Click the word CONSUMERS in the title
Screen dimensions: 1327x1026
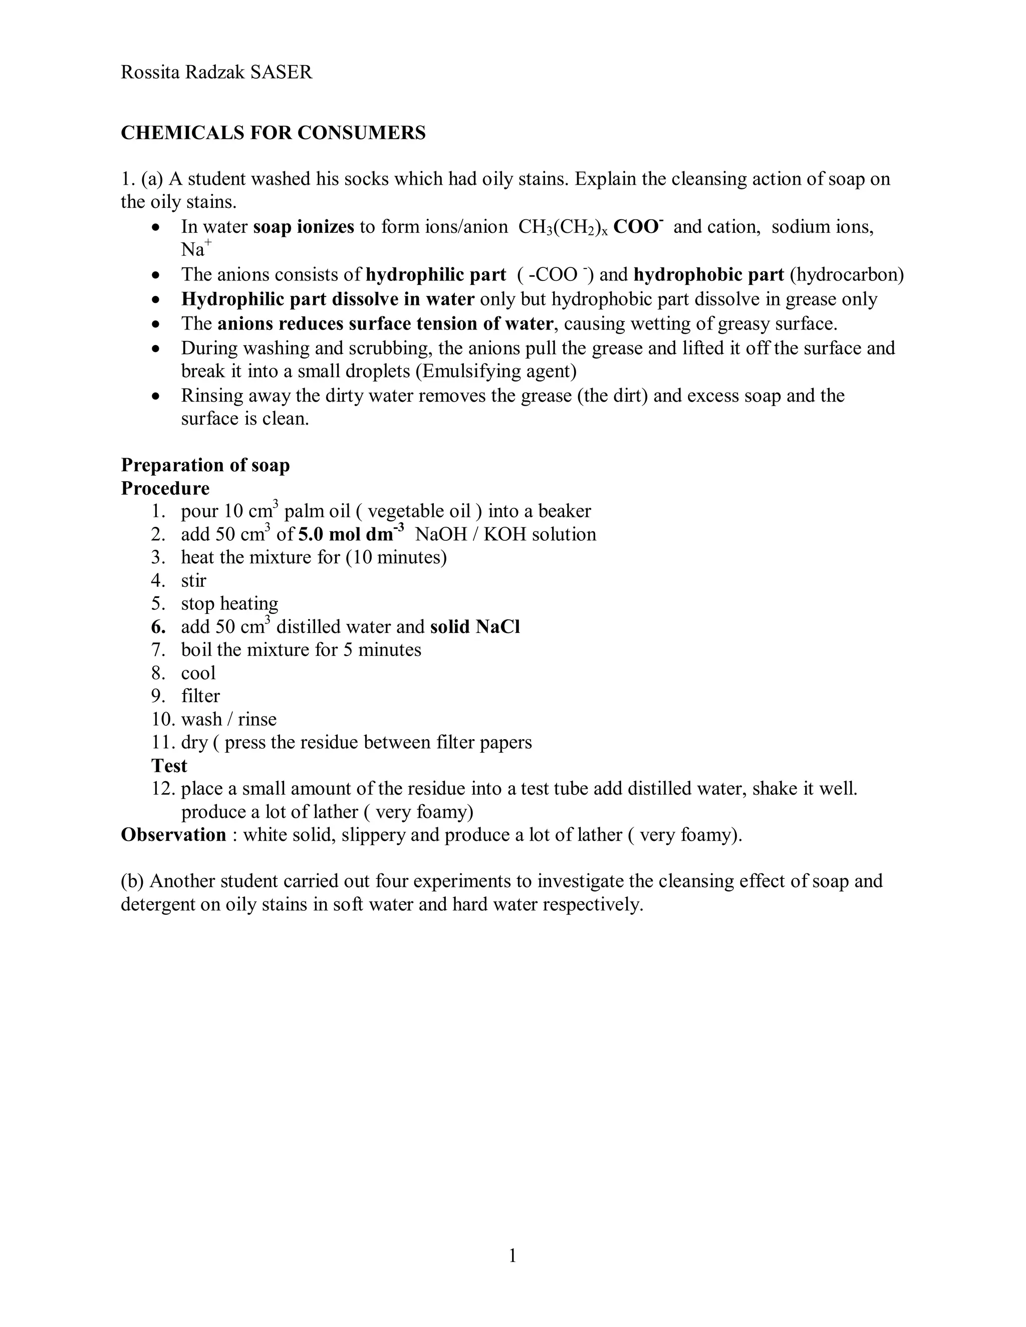361,133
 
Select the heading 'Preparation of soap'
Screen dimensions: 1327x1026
205,465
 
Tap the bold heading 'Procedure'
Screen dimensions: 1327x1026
165,488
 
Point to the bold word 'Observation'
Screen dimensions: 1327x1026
173,835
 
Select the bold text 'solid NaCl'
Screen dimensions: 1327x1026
475,626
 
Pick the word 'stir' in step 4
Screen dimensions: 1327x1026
193,580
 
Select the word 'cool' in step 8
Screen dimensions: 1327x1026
198,673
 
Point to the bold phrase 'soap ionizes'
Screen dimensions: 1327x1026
303,227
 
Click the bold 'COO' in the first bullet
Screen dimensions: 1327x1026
635,227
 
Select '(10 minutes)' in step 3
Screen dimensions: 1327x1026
396,557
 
